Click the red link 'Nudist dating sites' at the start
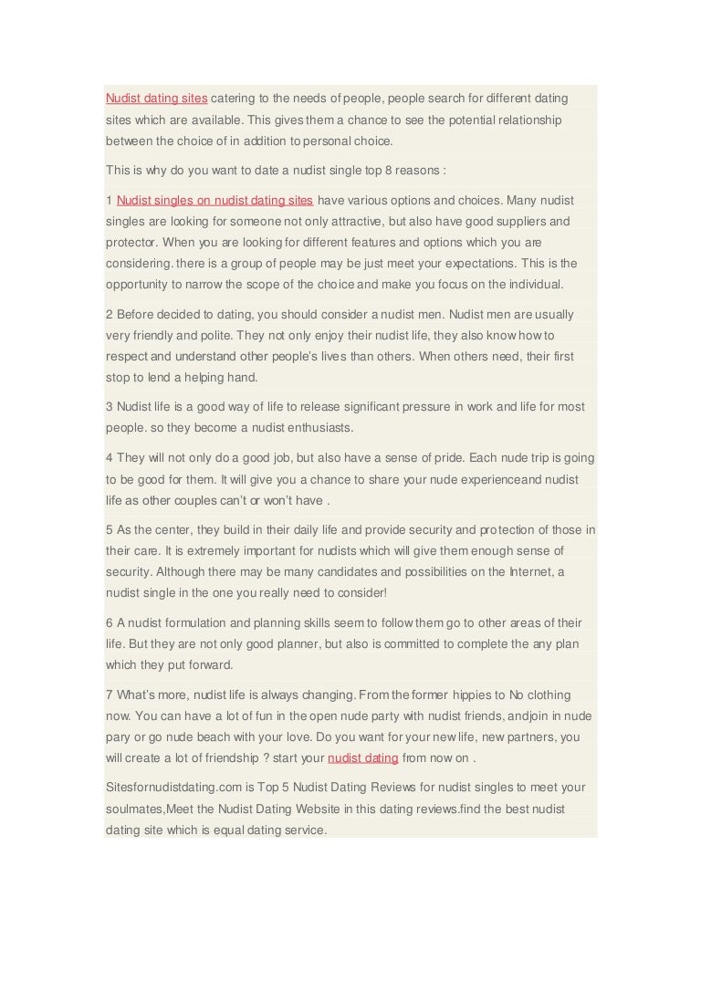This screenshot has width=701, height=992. tap(156, 98)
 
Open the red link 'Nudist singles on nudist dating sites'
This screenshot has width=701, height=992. tap(215, 200)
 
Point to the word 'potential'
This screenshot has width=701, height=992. tap(405, 120)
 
